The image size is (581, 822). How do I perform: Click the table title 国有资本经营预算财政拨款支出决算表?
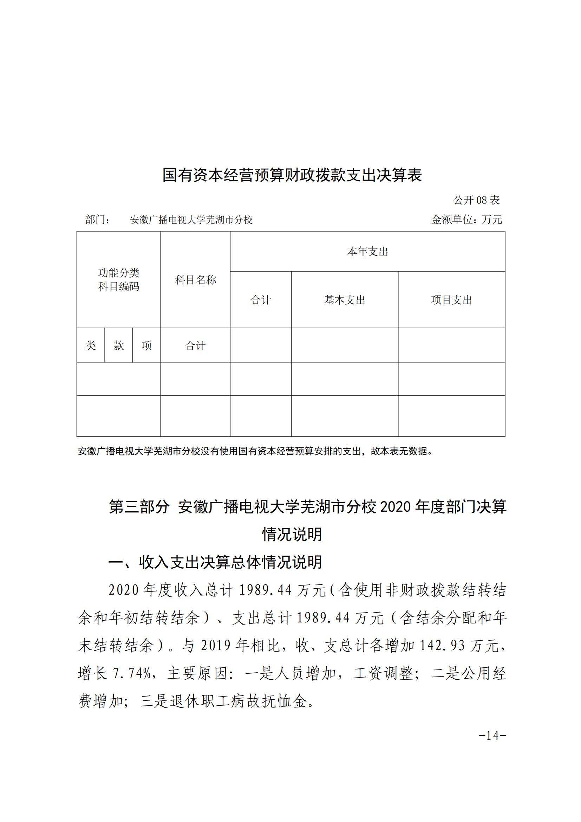point(292,175)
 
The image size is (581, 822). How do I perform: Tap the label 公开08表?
point(477,200)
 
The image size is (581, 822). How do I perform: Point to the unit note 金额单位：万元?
point(467,219)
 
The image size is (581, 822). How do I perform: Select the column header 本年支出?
point(367,252)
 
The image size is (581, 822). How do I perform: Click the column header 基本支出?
point(345,300)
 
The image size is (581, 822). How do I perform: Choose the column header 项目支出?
point(451,300)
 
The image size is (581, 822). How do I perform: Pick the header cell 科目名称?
point(195,280)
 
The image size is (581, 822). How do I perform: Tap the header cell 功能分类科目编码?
point(119,280)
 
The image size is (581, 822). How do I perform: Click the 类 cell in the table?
point(91,345)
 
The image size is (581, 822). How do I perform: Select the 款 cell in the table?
point(119,345)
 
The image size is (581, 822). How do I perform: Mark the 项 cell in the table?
point(147,345)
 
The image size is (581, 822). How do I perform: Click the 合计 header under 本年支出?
point(260,300)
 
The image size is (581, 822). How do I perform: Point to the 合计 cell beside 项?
point(195,346)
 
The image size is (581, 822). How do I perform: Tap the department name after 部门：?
point(191,220)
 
